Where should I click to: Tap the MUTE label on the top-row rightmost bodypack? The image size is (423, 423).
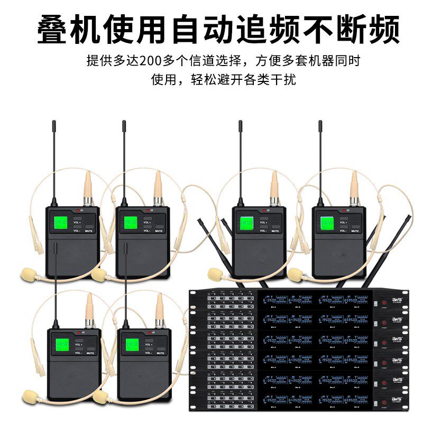[x=357, y=231]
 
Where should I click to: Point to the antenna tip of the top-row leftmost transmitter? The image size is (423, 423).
[x=53, y=123]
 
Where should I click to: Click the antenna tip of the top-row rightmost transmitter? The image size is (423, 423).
[x=320, y=123]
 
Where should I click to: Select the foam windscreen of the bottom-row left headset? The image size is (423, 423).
[x=27, y=394]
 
